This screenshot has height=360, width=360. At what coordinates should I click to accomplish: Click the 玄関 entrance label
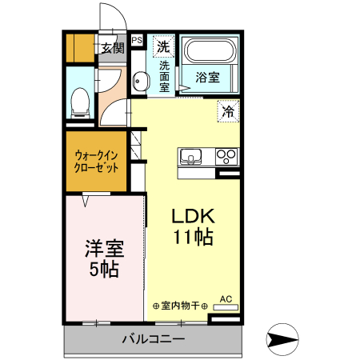pos(112,48)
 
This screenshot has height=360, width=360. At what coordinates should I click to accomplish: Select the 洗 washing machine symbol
pos(163,46)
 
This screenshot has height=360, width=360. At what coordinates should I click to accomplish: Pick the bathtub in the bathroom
pos(208,54)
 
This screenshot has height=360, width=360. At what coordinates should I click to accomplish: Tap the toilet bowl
pos(80,100)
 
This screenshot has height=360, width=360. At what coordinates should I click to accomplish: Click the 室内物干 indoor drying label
pos(181,306)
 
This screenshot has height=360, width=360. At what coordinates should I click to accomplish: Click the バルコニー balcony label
pos(153,339)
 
